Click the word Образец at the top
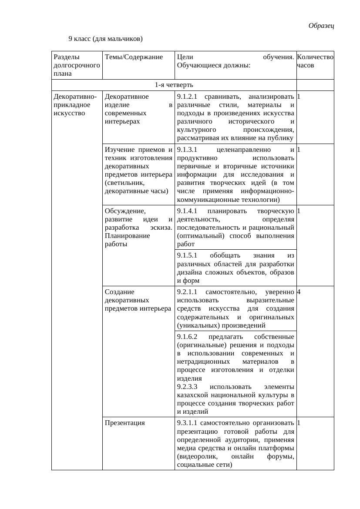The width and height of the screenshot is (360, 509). (x=321, y=26)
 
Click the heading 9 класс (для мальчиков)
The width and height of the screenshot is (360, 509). (x=105, y=39)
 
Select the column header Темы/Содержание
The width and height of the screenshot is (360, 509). (x=134, y=57)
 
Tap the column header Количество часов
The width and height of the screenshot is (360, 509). (x=315, y=61)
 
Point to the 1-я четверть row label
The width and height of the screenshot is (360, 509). (x=174, y=84)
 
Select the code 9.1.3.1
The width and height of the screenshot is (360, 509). (x=188, y=150)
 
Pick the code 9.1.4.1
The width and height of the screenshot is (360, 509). (x=188, y=211)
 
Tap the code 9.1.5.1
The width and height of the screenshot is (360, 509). (x=188, y=255)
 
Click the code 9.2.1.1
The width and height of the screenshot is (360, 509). (x=188, y=291)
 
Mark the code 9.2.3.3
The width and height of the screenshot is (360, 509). (x=188, y=387)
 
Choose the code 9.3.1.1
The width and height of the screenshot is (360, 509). (x=188, y=422)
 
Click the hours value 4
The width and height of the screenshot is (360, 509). (x=299, y=291)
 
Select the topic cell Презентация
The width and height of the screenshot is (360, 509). (x=125, y=422)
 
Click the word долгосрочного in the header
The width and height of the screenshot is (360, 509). (x=76, y=65)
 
